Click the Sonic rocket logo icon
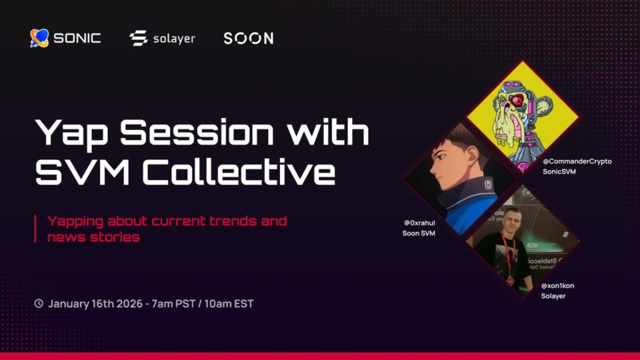coord(39,38)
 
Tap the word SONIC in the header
coord(77,38)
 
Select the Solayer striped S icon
coord(138,38)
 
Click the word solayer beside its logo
coord(174,39)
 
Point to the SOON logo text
coord(249,38)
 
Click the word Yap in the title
coord(71,132)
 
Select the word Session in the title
coord(197,132)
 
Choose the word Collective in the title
coord(239,171)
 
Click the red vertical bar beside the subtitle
coord(36,229)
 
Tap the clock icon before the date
coord(39,303)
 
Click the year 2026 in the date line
coord(129,304)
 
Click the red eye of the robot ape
coord(516,100)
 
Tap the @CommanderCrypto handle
coord(577,161)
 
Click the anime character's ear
coord(473,154)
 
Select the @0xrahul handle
coord(419,223)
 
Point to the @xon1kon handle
coord(557,286)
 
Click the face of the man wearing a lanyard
coord(511,221)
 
